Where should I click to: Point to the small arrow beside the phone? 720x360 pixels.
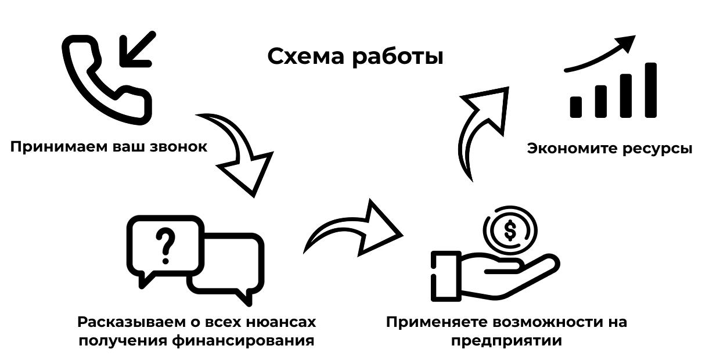[x=136, y=49]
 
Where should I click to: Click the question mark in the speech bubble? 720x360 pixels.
[x=167, y=244]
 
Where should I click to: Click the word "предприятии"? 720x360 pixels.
[x=506, y=340]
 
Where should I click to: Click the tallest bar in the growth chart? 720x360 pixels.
[x=650, y=90]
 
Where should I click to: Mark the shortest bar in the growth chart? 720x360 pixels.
[x=576, y=106]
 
